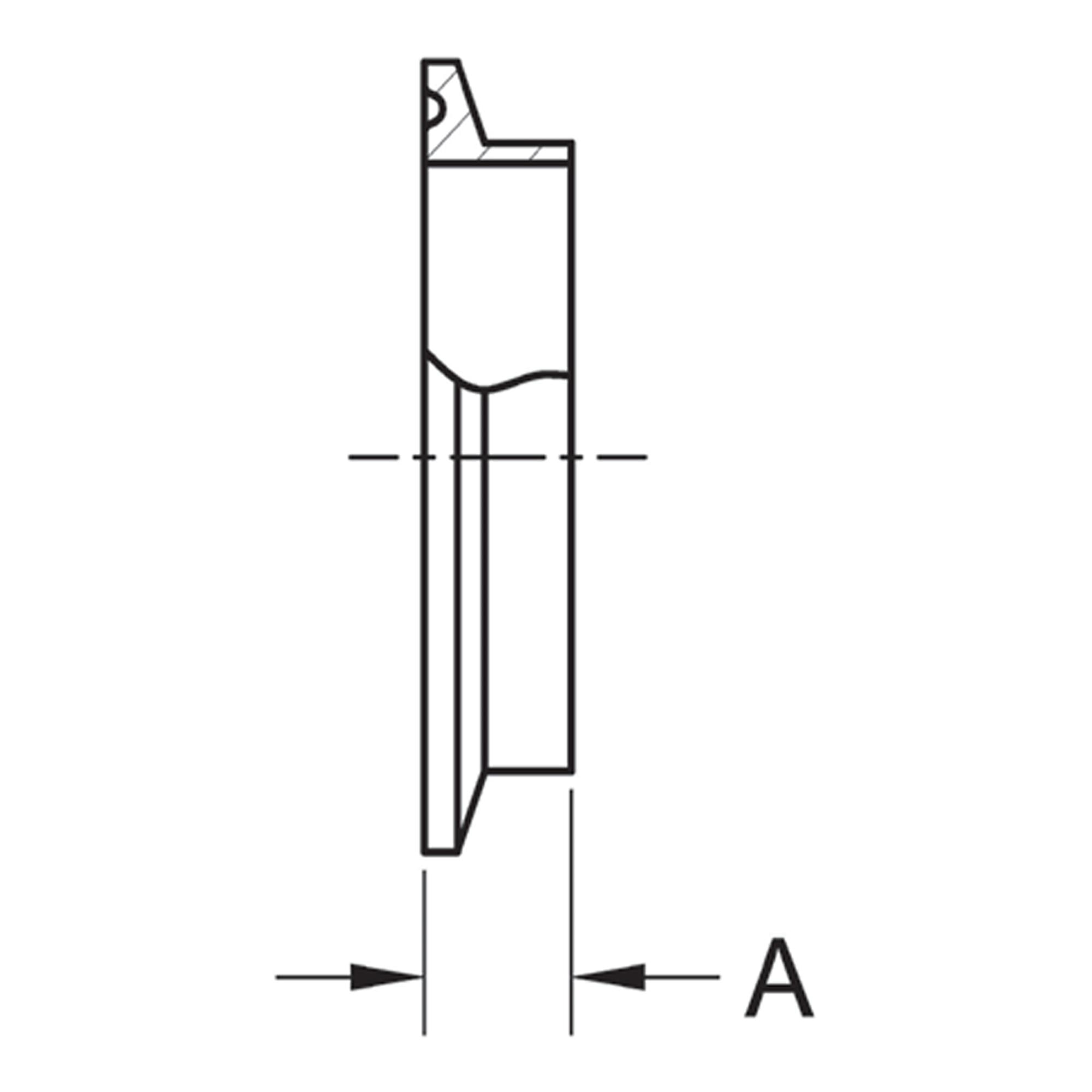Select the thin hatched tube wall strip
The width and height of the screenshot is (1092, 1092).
point(526,153)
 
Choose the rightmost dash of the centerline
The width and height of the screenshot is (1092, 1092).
point(622,456)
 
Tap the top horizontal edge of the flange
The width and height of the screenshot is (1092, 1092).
point(441,61)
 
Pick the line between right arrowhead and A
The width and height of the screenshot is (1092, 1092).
point(681,977)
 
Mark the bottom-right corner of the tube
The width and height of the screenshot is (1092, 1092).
point(573,770)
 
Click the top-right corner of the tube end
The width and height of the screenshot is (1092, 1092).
point(573,142)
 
